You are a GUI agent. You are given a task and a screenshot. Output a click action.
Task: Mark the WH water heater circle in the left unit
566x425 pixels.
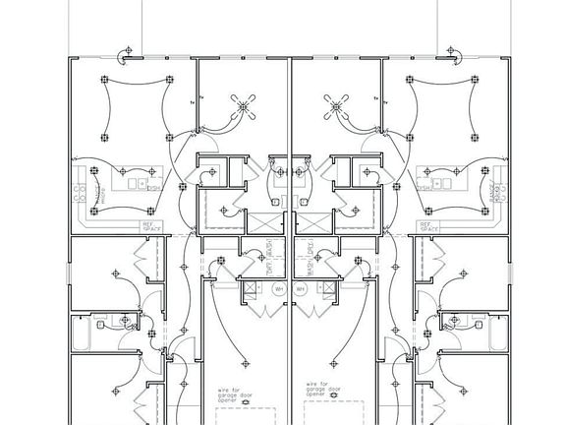pos(278,289)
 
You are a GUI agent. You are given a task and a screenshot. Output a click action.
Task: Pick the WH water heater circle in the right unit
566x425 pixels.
pos(301,289)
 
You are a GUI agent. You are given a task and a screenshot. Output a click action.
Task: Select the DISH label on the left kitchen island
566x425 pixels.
pos(153,186)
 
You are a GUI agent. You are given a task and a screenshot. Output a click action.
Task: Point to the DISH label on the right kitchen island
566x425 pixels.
pos(424,186)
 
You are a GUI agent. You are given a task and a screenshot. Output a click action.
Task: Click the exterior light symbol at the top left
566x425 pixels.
pos(124,51)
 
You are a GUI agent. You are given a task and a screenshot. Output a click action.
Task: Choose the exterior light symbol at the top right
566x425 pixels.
pos(454,51)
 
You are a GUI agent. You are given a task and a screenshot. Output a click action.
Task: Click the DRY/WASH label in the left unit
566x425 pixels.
pos(267,262)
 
